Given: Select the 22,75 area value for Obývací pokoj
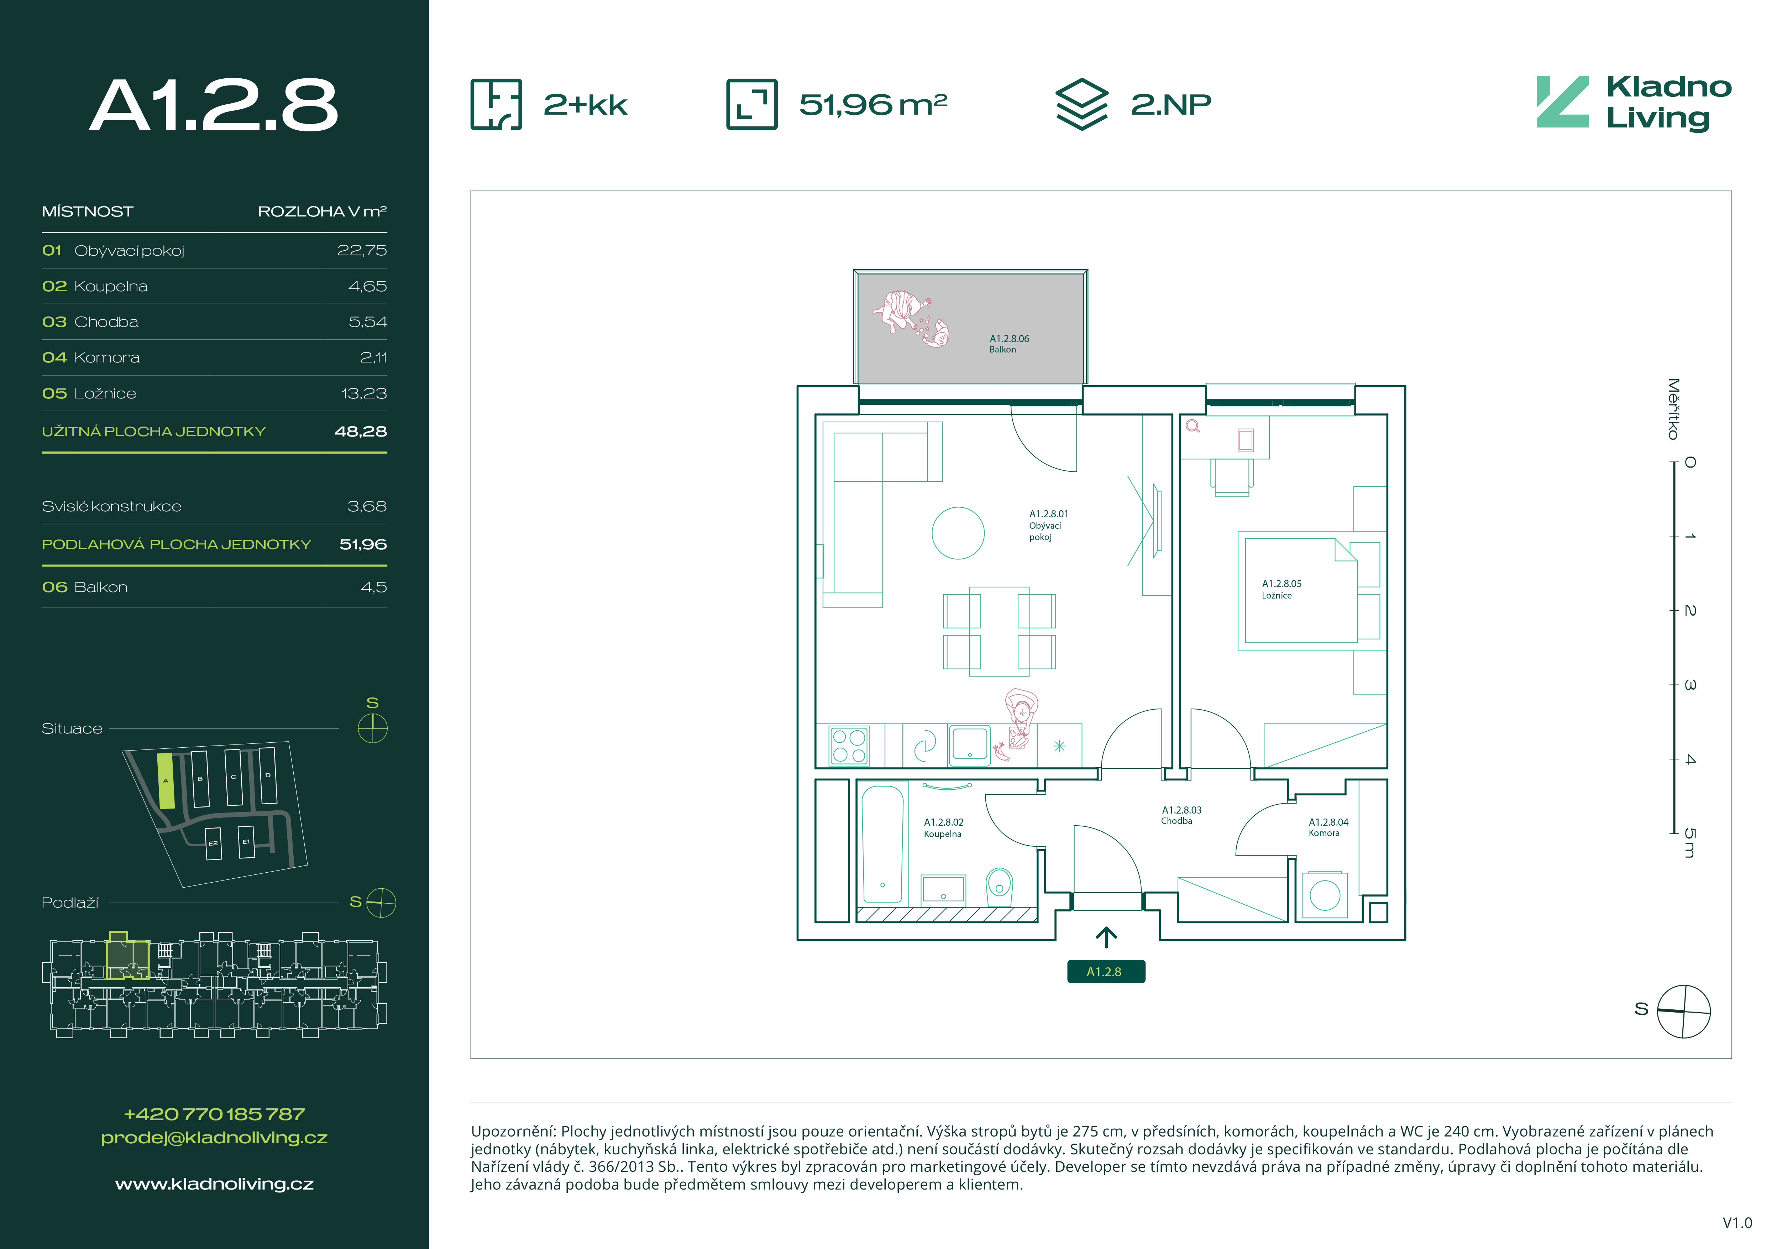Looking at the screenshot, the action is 362,251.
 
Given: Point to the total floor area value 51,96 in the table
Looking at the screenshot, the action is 363,544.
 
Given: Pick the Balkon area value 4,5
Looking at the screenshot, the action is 374,587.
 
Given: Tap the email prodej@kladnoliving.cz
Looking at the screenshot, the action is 215,1138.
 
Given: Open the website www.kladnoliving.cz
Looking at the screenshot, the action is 215,1185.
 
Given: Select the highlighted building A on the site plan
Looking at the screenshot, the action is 166,780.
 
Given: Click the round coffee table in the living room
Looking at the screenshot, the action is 958,533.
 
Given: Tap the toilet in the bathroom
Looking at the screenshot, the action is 999,887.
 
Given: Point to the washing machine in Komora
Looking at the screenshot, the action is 1325,894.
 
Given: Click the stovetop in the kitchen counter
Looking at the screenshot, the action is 849,745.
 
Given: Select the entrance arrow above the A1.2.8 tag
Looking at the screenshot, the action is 1106,937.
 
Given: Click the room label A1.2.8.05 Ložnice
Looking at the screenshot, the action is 1282,589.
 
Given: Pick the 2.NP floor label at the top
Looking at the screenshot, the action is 1171,105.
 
